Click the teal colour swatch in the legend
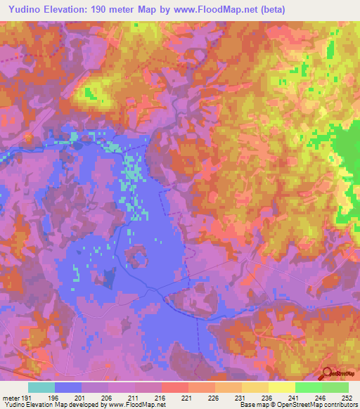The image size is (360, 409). pyautogui.click(x=41, y=387)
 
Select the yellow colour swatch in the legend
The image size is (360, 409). pyautogui.click(x=281, y=387)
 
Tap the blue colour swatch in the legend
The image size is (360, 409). pyautogui.click(x=68, y=387)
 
